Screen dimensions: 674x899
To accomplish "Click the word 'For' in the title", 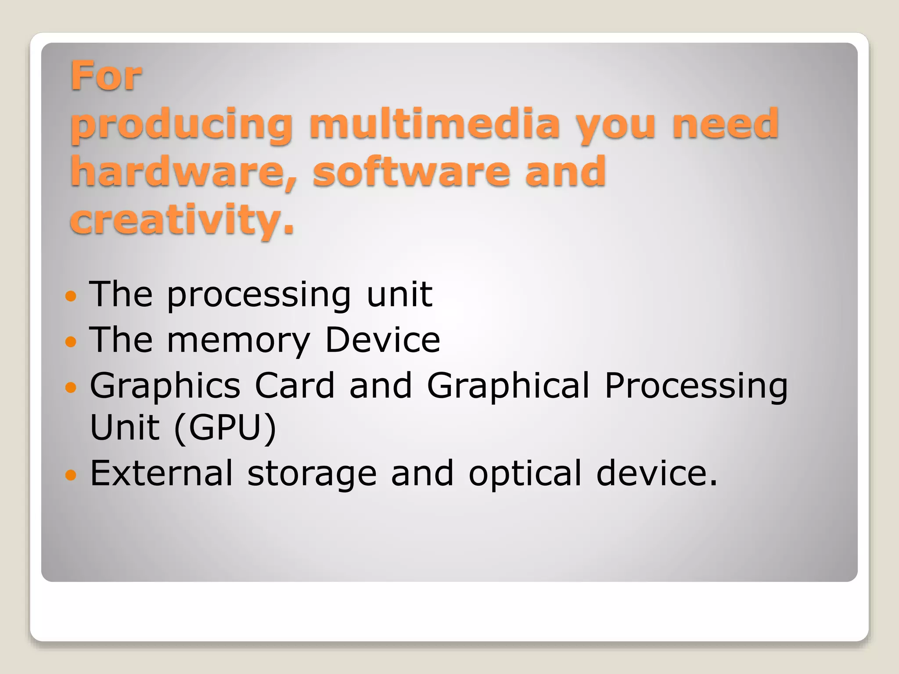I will coord(106,76).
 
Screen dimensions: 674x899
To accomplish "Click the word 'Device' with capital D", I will coord(382,340).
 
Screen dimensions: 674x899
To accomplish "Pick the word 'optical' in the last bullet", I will coord(525,474).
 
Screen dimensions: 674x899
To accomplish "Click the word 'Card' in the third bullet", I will coord(295,385).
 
